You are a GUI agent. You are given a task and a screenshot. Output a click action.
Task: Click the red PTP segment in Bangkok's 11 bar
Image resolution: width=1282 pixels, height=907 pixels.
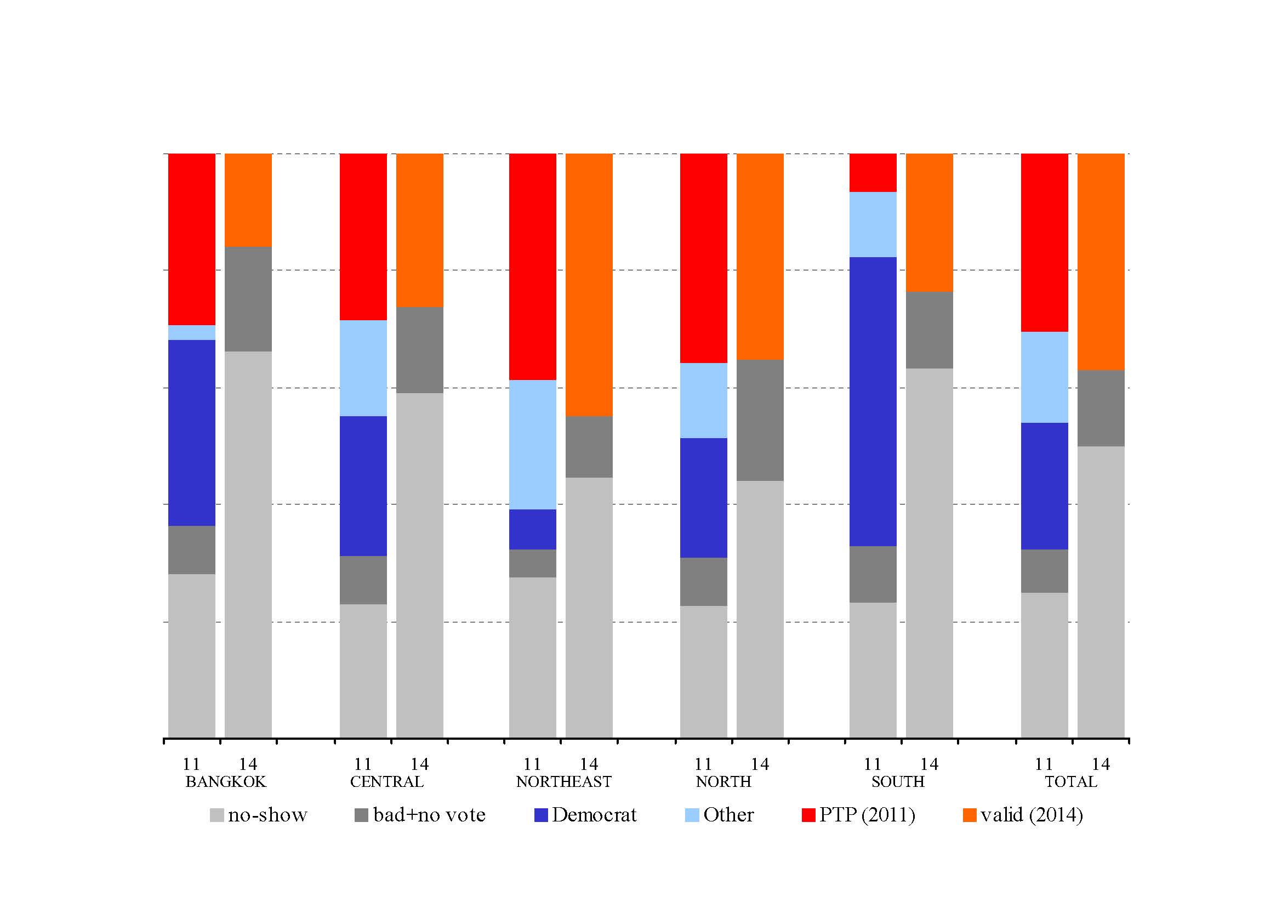[x=191, y=239]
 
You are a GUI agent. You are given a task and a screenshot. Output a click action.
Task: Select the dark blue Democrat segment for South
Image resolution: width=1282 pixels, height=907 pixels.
[x=873, y=401]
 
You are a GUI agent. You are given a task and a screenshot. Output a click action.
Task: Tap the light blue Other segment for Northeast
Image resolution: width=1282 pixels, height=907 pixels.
[x=533, y=445]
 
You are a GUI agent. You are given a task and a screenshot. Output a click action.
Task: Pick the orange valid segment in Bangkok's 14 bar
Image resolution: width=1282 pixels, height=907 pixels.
[x=248, y=200]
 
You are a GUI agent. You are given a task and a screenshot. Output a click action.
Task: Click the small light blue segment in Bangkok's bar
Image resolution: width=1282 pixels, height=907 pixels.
[x=191, y=332]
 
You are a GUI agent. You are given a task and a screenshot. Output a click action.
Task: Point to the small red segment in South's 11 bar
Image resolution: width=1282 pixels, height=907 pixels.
[x=873, y=173]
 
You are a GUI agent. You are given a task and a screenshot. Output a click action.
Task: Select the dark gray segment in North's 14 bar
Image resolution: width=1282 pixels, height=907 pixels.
[x=760, y=420]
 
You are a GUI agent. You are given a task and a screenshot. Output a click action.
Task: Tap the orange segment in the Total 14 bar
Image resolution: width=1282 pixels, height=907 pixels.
[x=1101, y=262]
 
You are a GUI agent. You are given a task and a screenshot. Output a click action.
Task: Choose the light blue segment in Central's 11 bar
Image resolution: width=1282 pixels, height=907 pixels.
[x=363, y=368]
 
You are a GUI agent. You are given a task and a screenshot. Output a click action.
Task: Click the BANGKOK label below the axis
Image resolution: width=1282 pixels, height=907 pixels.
[x=226, y=781]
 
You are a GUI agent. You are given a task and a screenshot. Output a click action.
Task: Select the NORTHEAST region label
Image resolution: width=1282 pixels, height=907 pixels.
[x=563, y=781]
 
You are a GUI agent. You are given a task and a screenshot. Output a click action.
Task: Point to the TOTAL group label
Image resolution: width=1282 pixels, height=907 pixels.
[x=1070, y=781]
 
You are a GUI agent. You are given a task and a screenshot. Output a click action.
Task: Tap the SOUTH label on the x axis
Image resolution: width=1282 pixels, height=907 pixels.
[x=898, y=781]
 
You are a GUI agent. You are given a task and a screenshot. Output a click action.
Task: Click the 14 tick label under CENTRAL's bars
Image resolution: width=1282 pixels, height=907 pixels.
[x=419, y=764]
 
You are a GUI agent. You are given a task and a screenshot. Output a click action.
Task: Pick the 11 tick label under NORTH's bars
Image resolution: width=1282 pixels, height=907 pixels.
[x=703, y=764]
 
